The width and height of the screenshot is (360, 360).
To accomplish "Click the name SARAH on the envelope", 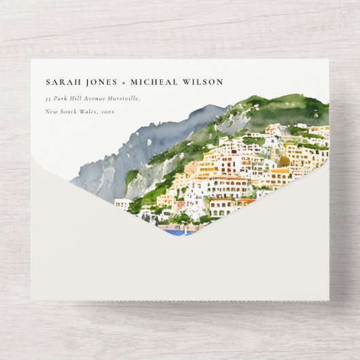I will [59, 82].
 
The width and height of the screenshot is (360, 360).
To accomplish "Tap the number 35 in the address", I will [49, 98].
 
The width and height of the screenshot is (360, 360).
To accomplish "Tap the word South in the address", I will [73, 111].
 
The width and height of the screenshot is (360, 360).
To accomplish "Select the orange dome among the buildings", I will [284, 162].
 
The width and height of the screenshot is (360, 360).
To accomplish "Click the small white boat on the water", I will [185, 230].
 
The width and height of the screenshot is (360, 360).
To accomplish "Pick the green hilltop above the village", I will [285, 109].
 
